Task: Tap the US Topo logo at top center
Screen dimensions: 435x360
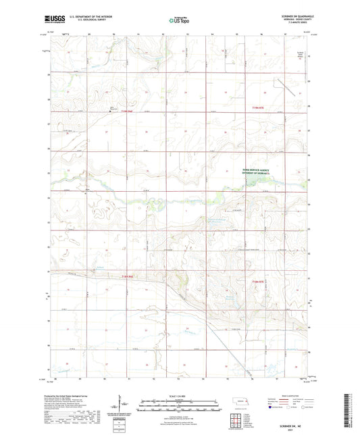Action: tap(178, 21)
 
